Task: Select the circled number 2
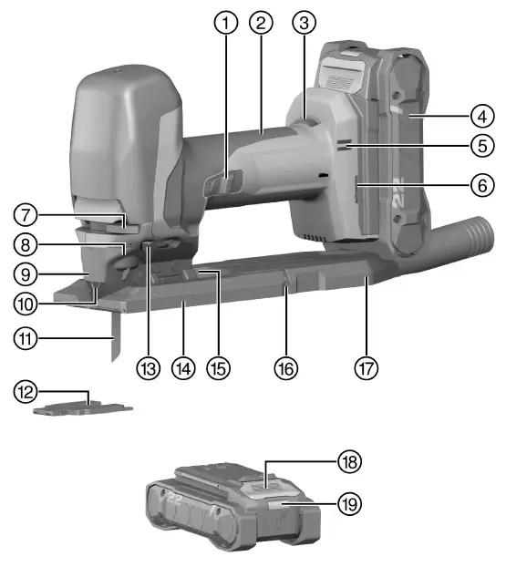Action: click(x=262, y=26)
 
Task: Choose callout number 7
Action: click(x=26, y=217)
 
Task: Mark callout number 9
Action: click(x=26, y=272)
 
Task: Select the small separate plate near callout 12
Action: click(x=82, y=409)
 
